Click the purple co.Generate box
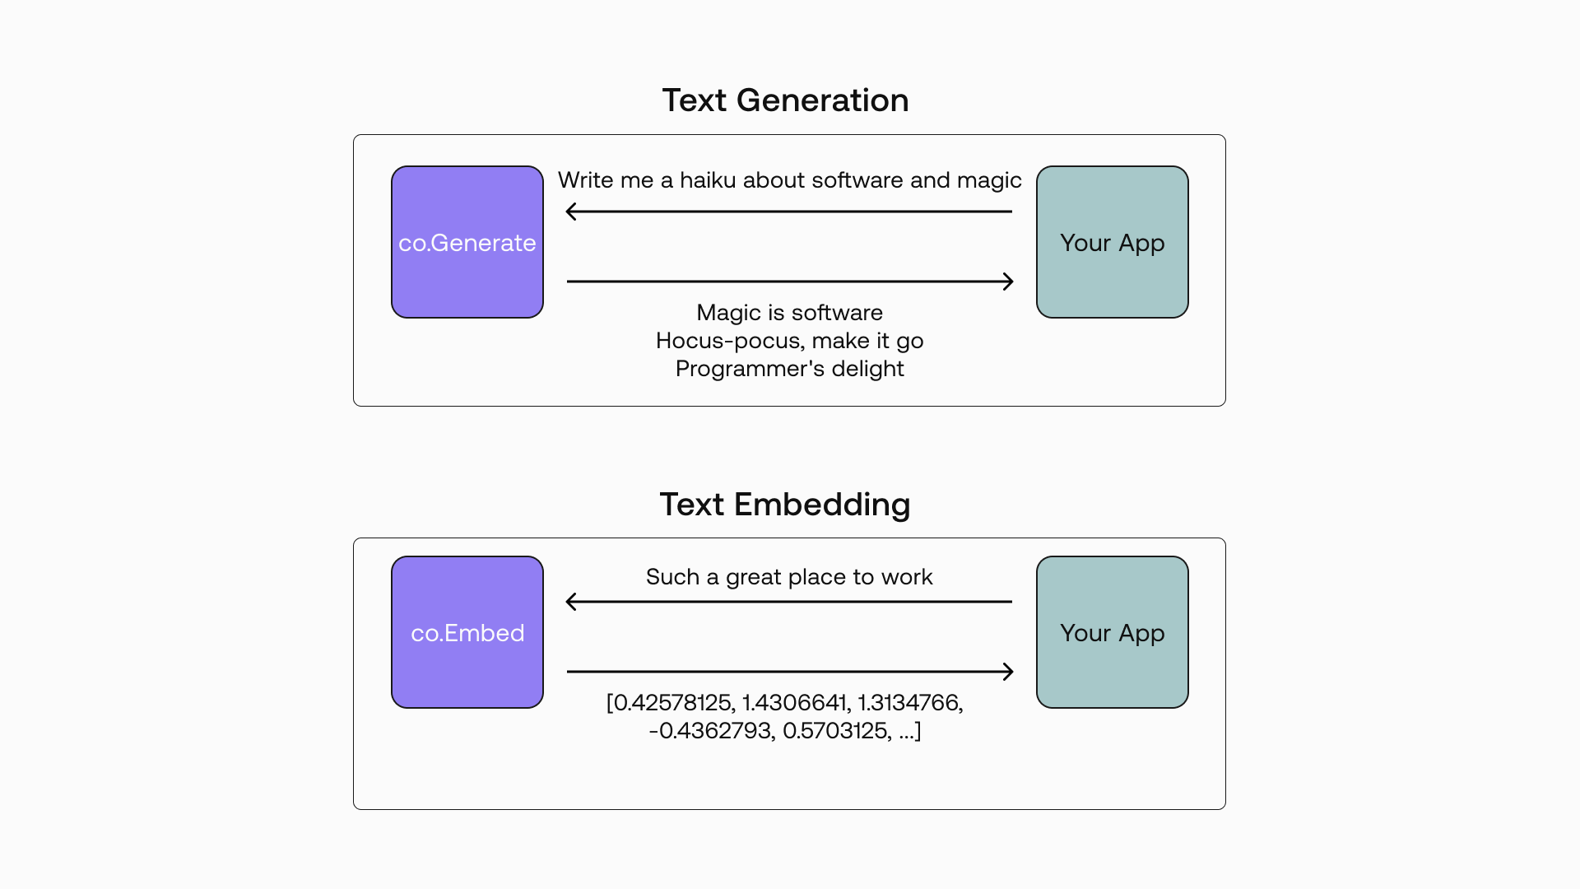point(467,242)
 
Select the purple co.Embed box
point(467,632)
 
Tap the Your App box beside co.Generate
point(1113,242)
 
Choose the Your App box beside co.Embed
point(1113,632)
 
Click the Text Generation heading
point(785,100)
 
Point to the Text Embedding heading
point(785,505)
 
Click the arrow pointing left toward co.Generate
point(789,212)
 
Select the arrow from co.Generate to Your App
point(790,282)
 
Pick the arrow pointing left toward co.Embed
point(789,602)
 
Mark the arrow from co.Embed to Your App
point(790,672)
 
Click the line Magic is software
point(789,313)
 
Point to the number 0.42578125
point(671,703)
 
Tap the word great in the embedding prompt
point(753,578)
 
